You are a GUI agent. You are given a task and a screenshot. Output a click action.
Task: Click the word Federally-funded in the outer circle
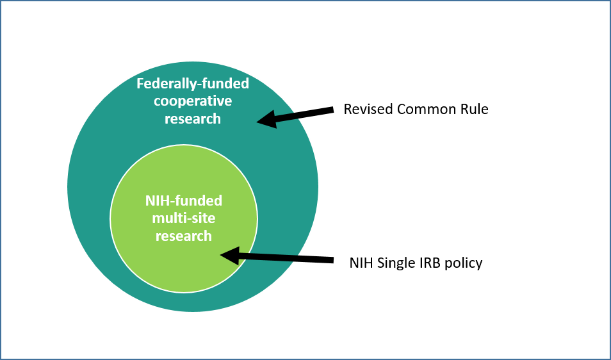(x=193, y=83)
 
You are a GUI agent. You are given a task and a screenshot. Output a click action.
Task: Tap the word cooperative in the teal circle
(x=193, y=101)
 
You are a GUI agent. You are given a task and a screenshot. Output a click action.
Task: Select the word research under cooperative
(x=193, y=119)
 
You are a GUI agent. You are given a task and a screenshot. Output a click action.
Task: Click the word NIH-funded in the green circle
(x=184, y=200)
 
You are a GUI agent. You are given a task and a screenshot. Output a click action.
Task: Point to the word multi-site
(x=184, y=218)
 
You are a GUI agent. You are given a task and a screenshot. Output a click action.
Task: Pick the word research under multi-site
(x=184, y=236)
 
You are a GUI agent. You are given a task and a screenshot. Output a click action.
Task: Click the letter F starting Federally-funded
(x=140, y=84)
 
